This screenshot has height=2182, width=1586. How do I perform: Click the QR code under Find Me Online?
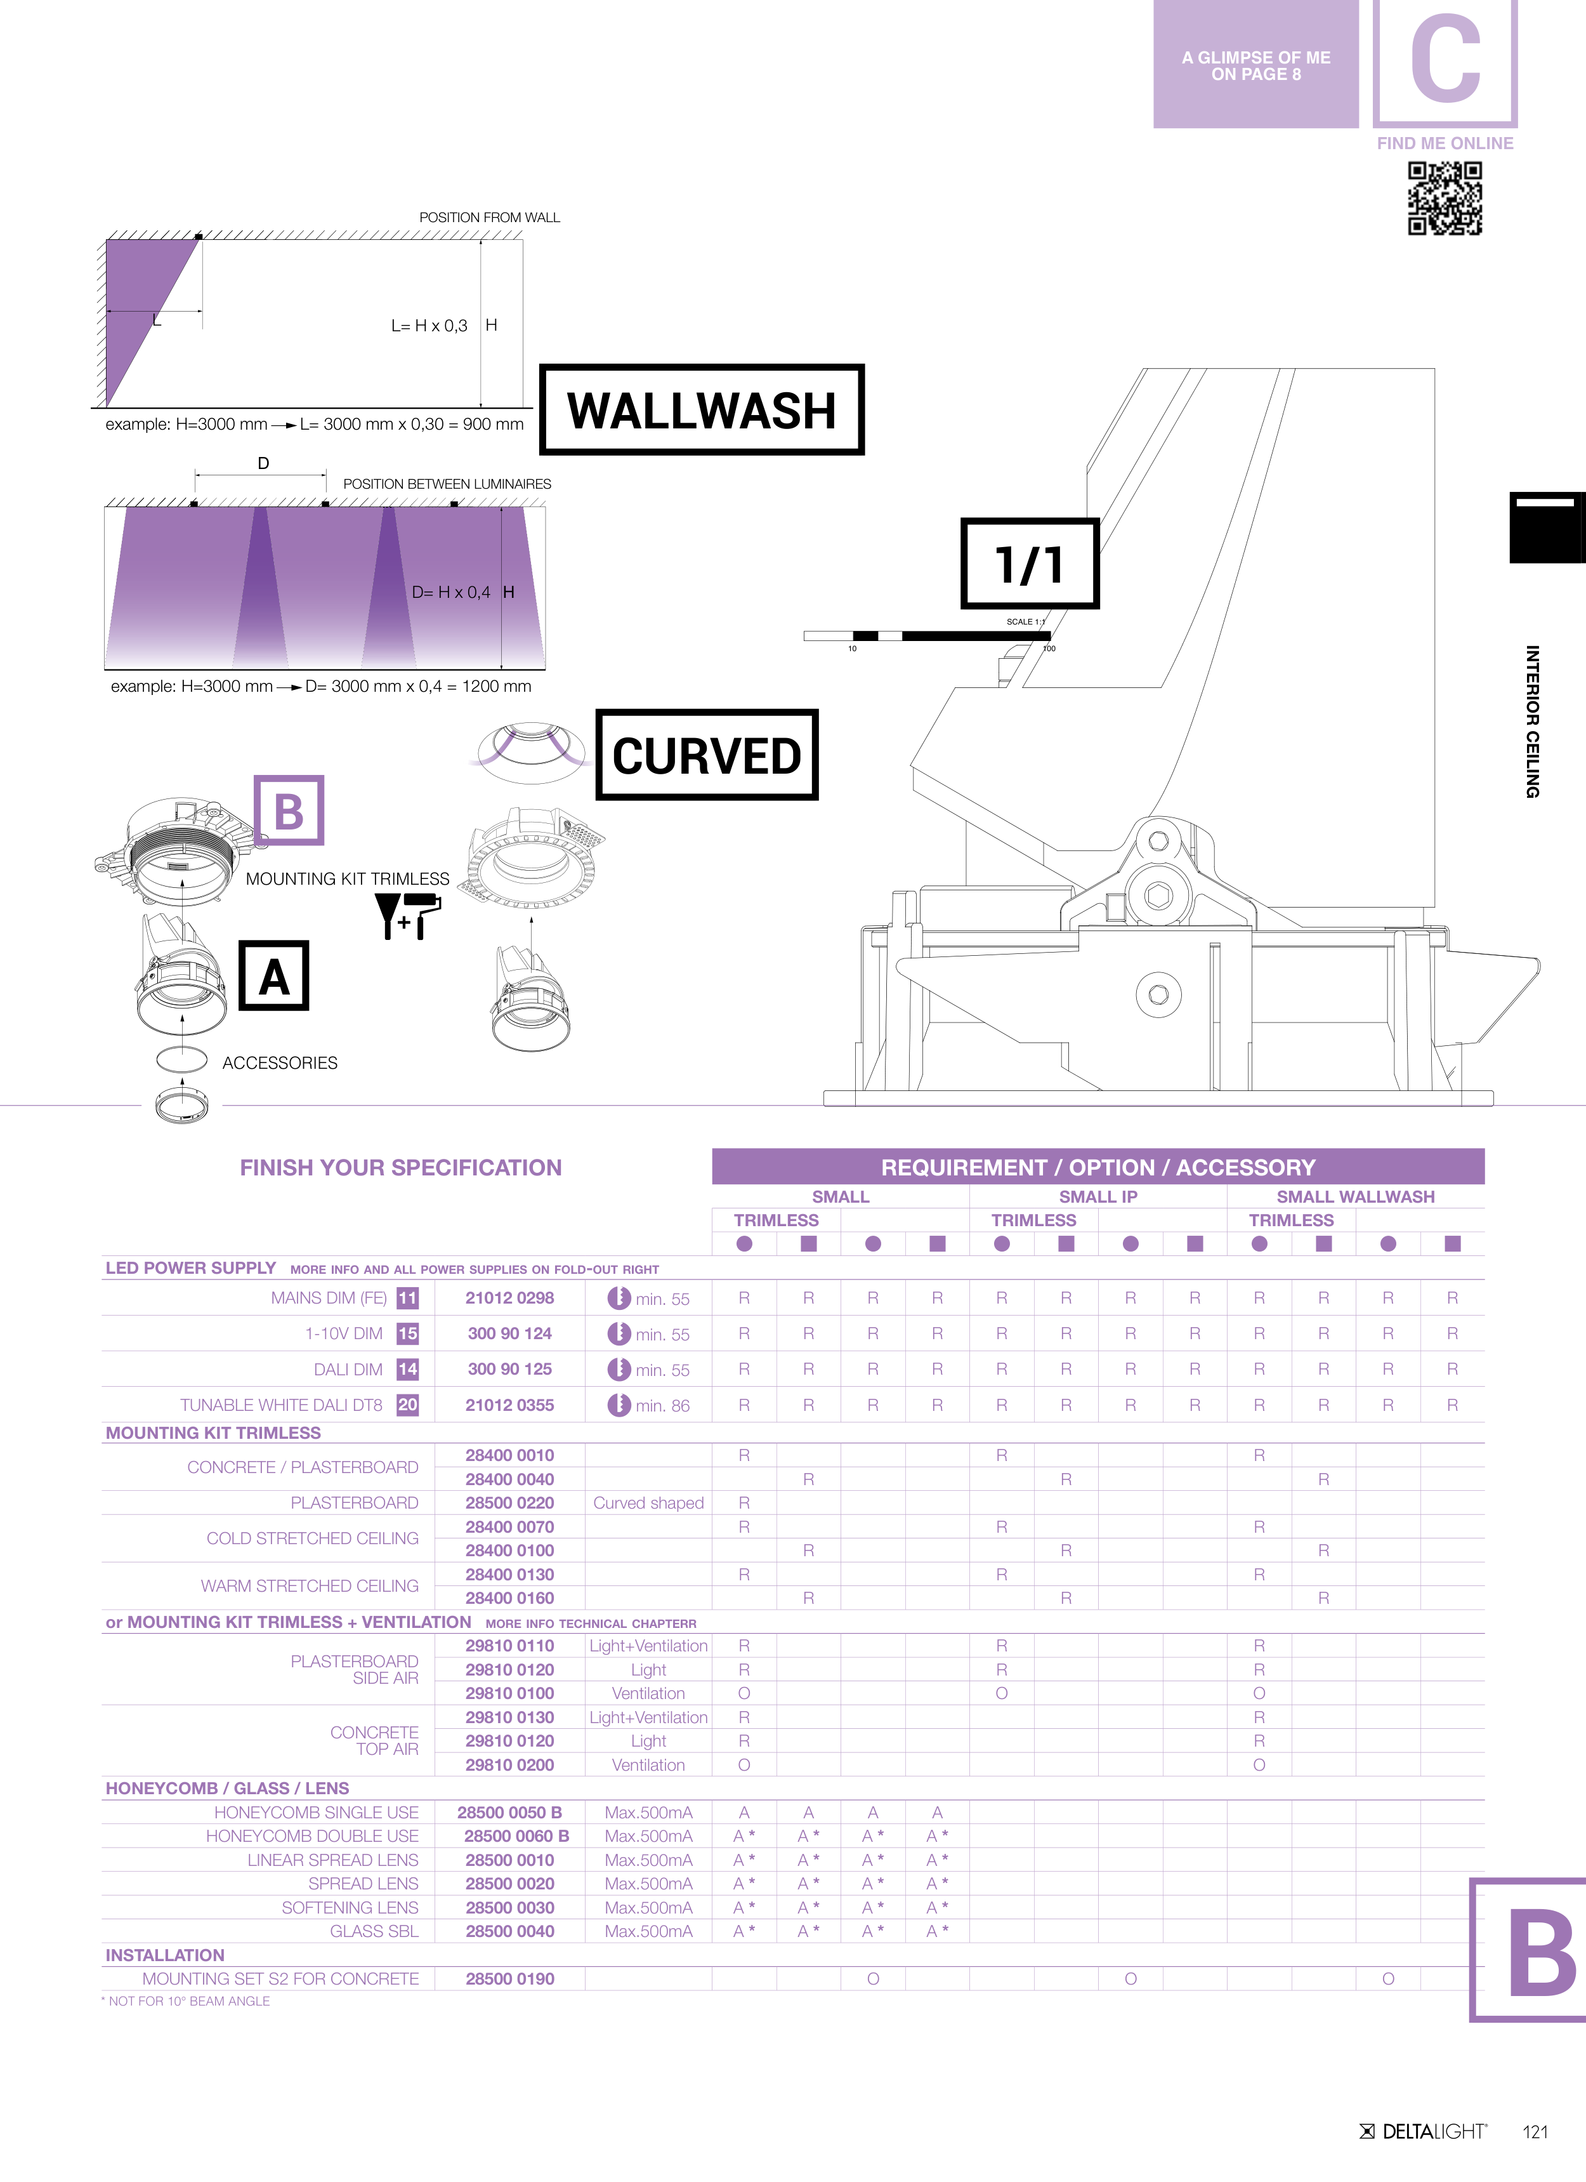(1445, 198)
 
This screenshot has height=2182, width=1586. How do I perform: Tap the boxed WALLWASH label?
(702, 410)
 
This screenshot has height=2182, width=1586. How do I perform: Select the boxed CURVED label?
(707, 755)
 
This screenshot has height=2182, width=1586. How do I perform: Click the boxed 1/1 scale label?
(1030, 564)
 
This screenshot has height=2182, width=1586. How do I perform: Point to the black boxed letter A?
(274, 975)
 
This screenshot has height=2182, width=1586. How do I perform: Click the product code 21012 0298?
(510, 1298)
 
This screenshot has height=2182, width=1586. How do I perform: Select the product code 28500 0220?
(510, 1503)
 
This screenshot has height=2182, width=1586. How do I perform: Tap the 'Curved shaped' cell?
(648, 1503)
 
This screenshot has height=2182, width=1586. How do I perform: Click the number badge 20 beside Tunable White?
(408, 1405)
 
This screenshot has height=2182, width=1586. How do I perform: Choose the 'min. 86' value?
(663, 1406)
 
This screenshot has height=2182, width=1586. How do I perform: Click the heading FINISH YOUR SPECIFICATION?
(401, 1168)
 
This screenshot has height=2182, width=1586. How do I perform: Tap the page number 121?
(1536, 2132)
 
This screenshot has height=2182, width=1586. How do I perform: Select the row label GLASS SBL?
(374, 1931)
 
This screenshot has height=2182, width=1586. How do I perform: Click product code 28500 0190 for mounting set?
(510, 1979)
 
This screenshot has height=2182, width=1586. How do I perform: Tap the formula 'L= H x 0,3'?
(429, 326)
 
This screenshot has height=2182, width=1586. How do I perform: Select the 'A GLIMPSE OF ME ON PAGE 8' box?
(1256, 65)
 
